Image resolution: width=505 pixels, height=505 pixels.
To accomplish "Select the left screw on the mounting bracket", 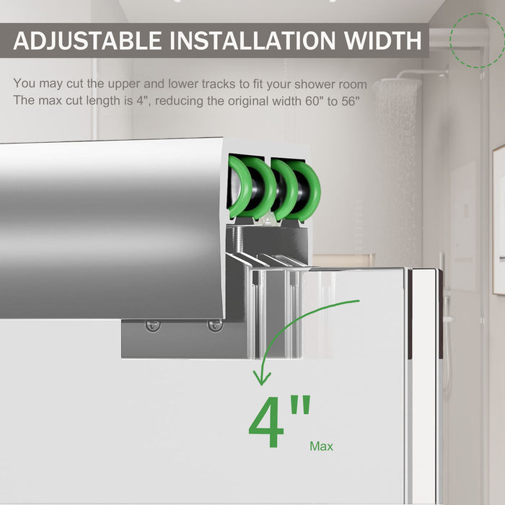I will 153,325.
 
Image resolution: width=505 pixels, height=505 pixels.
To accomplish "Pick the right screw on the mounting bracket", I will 214,325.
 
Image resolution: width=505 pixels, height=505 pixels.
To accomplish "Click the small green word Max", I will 321,447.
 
